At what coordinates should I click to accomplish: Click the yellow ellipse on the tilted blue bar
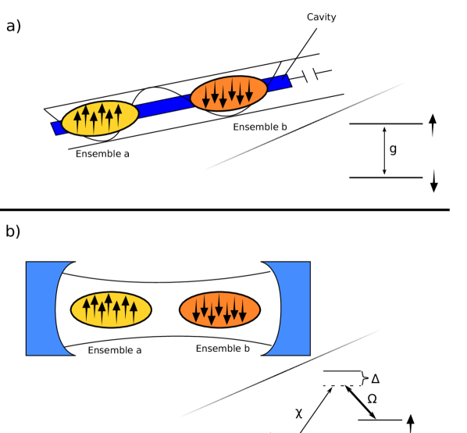point(100,118)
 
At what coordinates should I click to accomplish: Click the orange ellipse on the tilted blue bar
point(229,93)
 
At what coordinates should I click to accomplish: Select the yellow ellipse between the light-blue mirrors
point(111,310)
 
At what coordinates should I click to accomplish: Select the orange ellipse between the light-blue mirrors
point(219,310)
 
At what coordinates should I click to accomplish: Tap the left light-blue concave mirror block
point(39,308)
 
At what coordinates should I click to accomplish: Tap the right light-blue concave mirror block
point(296,308)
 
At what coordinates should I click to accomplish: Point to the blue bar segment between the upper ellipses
point(163,106)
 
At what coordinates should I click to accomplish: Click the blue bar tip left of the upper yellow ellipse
point(57,127)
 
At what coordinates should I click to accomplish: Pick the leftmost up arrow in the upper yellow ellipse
point(77,121)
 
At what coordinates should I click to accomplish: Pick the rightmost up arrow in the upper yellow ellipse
point(119,114)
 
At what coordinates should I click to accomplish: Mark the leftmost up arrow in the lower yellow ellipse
point(86,309)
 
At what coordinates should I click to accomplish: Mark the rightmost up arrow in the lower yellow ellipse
point(134,310)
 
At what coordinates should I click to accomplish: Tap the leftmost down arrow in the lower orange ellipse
point(196,310)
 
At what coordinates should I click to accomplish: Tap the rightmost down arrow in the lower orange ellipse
point(243,310)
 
